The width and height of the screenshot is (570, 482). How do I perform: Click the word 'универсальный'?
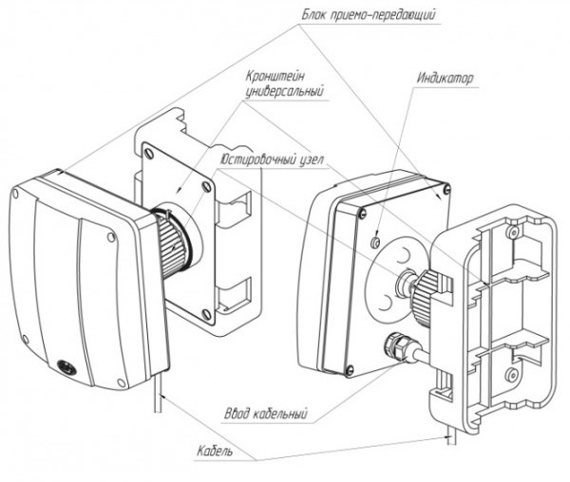click(278, 92)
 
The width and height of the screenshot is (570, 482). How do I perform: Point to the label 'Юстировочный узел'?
click(269, 158)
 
